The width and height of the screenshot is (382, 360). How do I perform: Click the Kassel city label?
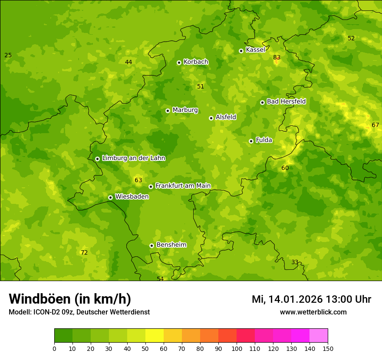(x=255, y=50)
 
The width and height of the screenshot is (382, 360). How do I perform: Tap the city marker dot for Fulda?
(x=251, y=141)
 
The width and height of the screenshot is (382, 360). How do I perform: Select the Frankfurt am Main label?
(x=183, y=186)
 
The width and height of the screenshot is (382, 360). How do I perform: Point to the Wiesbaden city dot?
(x=110, y=197)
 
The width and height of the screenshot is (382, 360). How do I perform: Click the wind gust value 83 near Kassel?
(x=277, y=57)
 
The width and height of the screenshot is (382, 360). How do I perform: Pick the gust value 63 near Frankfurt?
(x=138, y=180)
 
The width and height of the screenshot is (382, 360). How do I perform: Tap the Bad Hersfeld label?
(x=286, y=101)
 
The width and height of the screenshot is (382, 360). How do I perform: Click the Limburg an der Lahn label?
(x=133, y=158)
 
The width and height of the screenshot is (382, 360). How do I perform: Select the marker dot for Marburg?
(x=168, y=111)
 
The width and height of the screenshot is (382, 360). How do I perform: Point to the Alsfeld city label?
(x=226, y=117)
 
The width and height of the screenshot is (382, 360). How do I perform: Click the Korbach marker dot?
(x=179, y=62)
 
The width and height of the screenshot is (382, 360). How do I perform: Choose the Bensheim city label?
(x=171, y=245)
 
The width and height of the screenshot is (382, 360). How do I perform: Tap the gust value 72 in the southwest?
(x=84, y=252)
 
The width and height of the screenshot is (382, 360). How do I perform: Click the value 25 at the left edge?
(x=8, y=55)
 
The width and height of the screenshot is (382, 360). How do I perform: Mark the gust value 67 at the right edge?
(x=375, y=125)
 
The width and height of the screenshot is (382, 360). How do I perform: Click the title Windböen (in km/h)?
(x=70, y=299)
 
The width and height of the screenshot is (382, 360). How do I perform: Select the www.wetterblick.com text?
(x=313, y=312)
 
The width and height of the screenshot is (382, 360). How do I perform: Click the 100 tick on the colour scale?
(x=237, y=348)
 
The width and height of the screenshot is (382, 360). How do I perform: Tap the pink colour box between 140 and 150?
(x=319, y=336)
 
